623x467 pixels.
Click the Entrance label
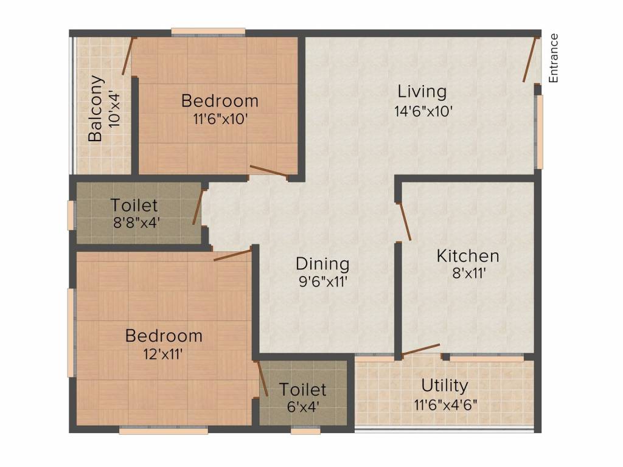coord(554,58)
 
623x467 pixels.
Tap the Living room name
coord(422,92)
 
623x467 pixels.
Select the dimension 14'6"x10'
coord(423,111)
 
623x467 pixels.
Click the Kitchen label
coord(468,256)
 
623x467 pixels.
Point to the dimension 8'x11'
coord(469,274)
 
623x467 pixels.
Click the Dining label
coord(322,264)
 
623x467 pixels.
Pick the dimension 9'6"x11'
coord(323,282)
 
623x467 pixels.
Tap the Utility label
coord(445,386)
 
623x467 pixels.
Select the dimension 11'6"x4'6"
coord(446,406)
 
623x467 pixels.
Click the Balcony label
coord(96,108)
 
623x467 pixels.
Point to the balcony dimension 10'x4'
coord(114,109)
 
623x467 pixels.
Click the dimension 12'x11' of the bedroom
coord(163,354)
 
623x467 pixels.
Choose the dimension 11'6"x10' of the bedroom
coord(220,119)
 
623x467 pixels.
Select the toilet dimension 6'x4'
coord(303,407)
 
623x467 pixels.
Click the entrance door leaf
coord(531,60)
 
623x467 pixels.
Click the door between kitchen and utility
coord(421,350)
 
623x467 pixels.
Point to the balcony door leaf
coord(128,56)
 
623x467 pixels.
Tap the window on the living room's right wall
coord(539,132)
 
